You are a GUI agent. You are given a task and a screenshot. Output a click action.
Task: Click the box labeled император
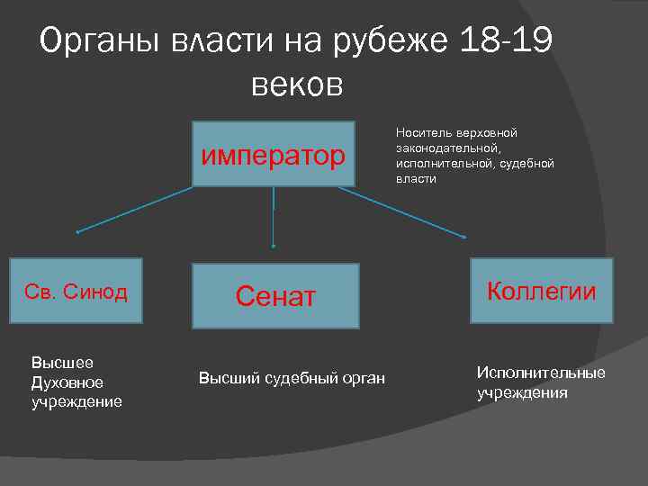coord(273,154)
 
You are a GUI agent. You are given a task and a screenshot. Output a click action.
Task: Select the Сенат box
coord(275,295)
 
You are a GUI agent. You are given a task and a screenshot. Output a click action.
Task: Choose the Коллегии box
coord(541,291)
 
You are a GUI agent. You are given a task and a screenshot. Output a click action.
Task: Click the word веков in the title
coord(298,85)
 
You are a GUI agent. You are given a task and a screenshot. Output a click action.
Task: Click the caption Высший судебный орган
coord(292,378)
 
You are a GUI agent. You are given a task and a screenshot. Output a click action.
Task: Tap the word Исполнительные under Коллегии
coord(541,373)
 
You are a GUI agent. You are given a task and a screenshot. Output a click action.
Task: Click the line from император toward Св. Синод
coord(135,209)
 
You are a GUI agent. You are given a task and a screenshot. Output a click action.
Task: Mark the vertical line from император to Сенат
coord(273,216)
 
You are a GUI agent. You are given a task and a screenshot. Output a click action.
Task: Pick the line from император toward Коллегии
coord(409,212)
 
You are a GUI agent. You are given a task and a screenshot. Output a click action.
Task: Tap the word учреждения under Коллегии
coord(522,392)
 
